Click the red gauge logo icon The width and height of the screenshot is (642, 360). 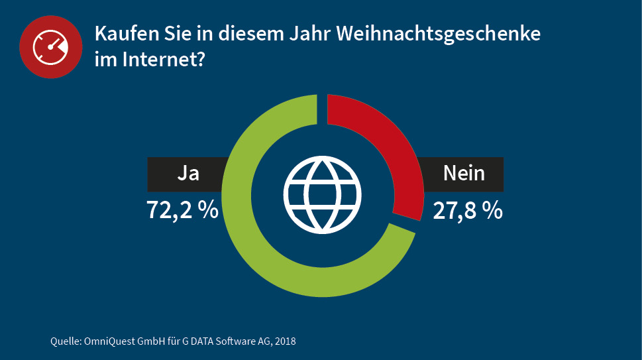50,48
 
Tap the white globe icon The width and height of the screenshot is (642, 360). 322,194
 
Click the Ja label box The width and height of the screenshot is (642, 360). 188,174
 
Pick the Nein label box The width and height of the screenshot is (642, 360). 464,174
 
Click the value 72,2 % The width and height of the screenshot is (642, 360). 182,210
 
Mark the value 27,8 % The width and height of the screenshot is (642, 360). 468,210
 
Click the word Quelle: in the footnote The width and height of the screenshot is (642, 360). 65,342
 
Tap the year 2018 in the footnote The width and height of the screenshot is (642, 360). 286,342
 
